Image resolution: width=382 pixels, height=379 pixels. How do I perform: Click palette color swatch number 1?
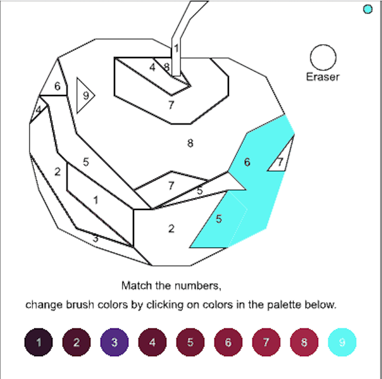(x=39, y=342)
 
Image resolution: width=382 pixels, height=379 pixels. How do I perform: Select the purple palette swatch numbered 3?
(x=114, y=342)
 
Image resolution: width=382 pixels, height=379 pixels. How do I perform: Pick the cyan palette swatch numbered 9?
(x=342, y=342)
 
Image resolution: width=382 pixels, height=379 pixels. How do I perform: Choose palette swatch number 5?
(x=190, y=342)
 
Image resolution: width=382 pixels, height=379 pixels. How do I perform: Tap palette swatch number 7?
(x=266, y=342)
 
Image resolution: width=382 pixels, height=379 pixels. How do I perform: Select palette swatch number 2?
(x=77, y=342)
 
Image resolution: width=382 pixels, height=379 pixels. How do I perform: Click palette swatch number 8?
(x=304, y=342)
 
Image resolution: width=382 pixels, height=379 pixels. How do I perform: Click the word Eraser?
(x=323, y=77)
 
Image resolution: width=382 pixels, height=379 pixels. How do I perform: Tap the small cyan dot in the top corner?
(x=367, y=9)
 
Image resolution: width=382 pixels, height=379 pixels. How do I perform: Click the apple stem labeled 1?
(x=176, y=47)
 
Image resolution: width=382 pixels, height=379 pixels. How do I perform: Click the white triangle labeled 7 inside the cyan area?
(x=280, y=162)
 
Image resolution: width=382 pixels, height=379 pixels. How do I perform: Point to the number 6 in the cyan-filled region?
(x=247, y=162)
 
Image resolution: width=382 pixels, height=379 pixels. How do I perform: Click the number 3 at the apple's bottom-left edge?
(x=95, y=239)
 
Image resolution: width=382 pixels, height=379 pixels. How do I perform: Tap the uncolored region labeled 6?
(x=57, y=86)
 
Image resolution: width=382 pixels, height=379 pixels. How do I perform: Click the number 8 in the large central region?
(x=190, y=143)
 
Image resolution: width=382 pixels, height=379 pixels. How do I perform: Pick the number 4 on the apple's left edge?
(x=38, y=110)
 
